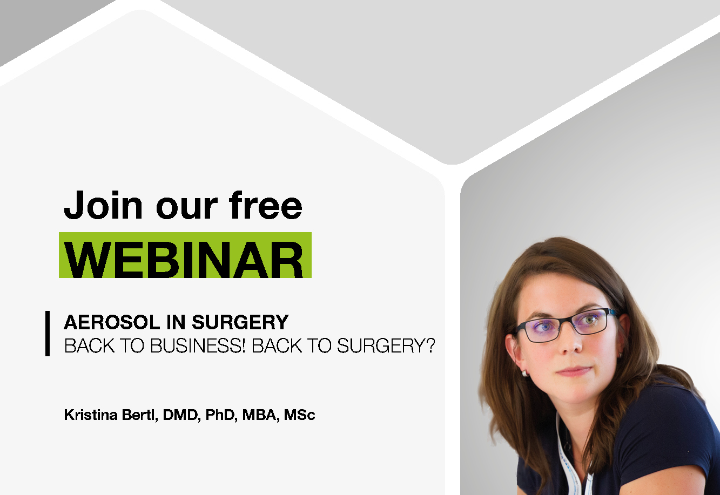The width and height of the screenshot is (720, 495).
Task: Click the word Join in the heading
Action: (103, 205)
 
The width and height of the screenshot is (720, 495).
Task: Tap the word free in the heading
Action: (266, 205)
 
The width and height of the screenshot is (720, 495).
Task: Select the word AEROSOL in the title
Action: (112, 322)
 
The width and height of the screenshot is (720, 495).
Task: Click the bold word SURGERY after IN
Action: (240, 322)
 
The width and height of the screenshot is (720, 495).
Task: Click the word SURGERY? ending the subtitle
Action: (386, 345)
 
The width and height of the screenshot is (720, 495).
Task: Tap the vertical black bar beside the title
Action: (48, 334)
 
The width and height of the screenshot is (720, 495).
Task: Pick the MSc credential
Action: (299, 415)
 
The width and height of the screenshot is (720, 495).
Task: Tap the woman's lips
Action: (574, 371)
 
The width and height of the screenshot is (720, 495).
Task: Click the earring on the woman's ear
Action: (524, 373)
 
